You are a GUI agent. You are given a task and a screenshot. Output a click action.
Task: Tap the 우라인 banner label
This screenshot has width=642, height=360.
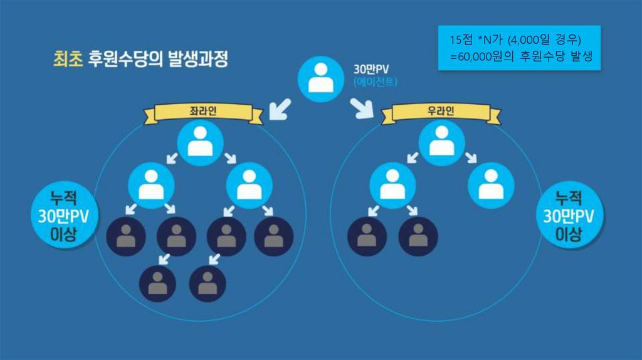point(441,112)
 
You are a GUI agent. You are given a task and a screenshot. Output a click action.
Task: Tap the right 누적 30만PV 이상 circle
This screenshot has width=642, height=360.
point(569,216)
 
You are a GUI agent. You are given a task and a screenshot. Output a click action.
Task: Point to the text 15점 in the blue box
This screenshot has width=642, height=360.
point(461,40)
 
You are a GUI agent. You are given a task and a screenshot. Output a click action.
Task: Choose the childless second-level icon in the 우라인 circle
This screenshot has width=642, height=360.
point(490,185)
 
